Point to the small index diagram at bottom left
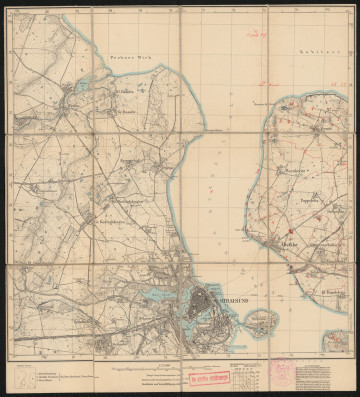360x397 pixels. coord(21,378)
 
